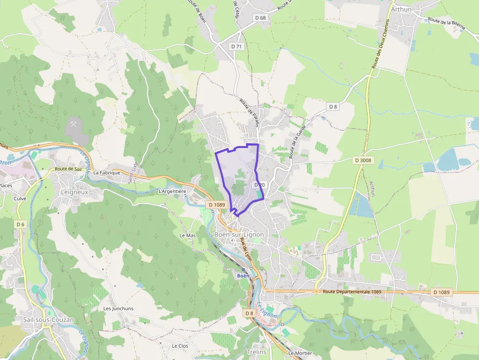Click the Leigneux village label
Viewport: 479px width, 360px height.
tap(74, 192)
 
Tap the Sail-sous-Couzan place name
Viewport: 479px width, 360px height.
tap(48, 320)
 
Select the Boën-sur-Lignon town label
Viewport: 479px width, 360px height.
tap(239, 234)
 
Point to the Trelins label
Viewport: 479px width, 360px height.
tap(257, 352)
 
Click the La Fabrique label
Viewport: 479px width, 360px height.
tap(107, 172)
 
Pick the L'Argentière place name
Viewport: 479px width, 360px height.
tap(173, 191)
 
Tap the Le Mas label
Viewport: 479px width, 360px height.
tap(188, 235)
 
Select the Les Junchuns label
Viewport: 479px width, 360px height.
tap(118, 309)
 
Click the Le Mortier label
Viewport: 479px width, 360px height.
tap(300, 353)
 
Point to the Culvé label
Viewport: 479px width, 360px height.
tap(20, 199)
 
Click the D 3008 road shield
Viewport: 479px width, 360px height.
tap(363, 160)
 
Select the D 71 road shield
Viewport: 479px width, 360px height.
tap(237, 46)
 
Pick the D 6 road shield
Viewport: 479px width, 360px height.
tap(20, 224)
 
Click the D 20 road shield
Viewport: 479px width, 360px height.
tap(260, 185)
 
